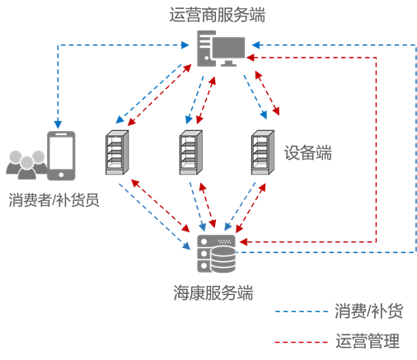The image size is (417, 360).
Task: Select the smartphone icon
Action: click(60, 155)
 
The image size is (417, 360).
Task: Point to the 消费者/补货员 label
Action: click(54, 200)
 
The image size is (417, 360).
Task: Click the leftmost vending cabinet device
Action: click(118, 153)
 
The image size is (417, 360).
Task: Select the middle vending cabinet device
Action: click(190, 153)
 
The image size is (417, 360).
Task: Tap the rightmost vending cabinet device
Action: click(262, 153)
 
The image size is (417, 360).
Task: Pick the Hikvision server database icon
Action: click(216, 254)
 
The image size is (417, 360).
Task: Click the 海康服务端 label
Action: click(213, 292)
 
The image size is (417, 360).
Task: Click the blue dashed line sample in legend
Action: click(300, 311)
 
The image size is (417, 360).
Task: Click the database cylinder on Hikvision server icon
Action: click(223, 261)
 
